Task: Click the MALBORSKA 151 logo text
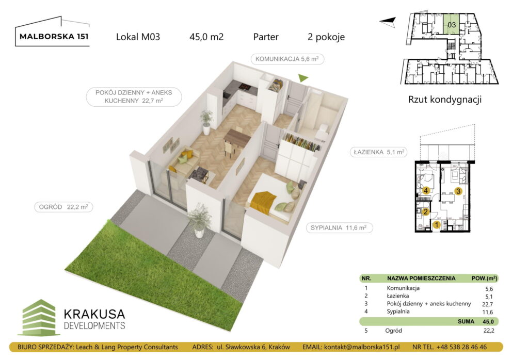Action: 53,37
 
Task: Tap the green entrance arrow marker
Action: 303,78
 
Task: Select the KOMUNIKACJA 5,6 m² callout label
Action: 287,59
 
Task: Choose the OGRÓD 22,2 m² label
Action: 63,207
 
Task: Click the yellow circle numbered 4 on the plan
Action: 426,191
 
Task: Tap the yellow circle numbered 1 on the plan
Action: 436,224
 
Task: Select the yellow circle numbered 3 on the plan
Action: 458,191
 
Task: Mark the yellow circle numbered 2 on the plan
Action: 426,210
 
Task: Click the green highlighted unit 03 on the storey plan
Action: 452,24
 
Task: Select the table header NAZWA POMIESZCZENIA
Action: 421,278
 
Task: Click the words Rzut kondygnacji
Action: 444,100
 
